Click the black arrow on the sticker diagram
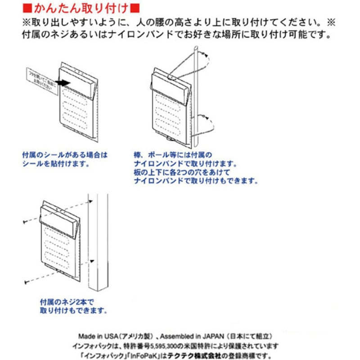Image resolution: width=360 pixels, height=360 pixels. (x=66, y=82)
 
